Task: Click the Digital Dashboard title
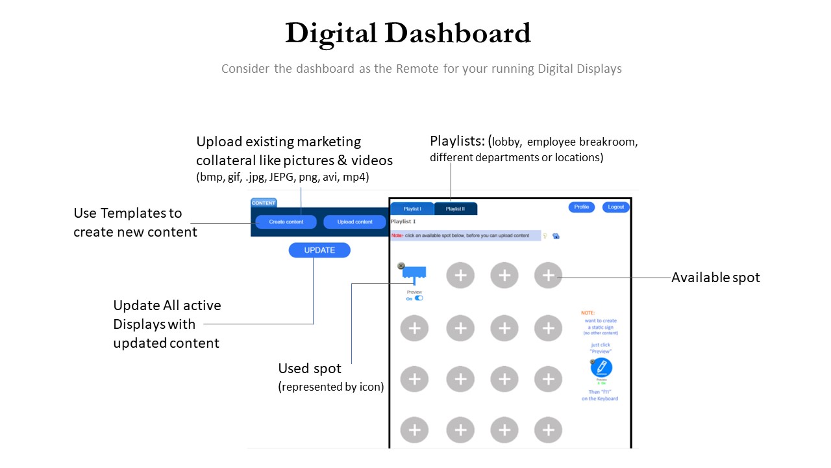pos(408,34)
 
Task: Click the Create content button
pos(286,222)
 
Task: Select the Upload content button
pos(355,222)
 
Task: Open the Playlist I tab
pos(412,209)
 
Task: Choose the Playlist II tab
pos(455,209)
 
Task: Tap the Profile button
pos(582,207)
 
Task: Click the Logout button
pos(615,207)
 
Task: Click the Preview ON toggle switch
pos(419,298)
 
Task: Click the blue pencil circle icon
pos(602,368)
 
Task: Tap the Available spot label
pos(715,278)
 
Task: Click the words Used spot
pos(310,369)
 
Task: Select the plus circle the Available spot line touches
pos(548,276)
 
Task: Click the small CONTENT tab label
pos(264,203)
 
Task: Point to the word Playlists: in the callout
pos(458,142)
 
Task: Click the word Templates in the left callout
pos(138,213)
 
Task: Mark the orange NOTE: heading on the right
pos(588,313)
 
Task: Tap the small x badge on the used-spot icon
pos(401,266)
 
